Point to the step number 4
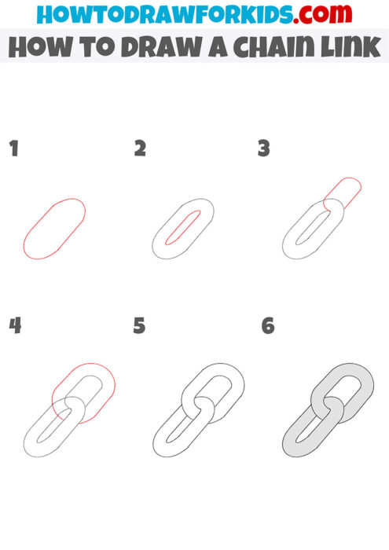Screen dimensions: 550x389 (x=14, y=325)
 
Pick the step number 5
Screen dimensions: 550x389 (x=139, y=325)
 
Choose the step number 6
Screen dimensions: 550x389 (x=268, y=325)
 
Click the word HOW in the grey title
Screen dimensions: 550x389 (x=39, y=46)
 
